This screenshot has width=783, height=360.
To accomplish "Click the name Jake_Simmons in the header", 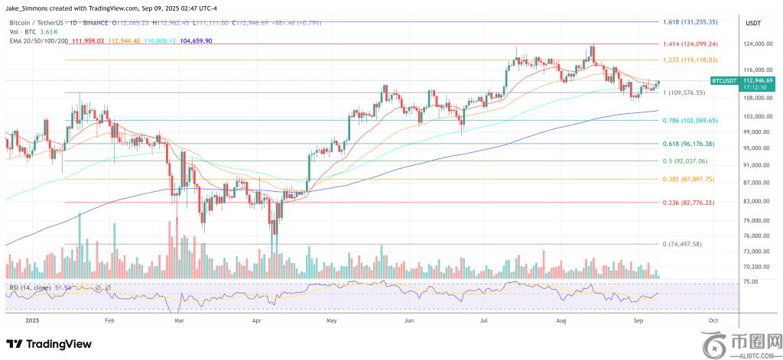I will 26,8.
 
